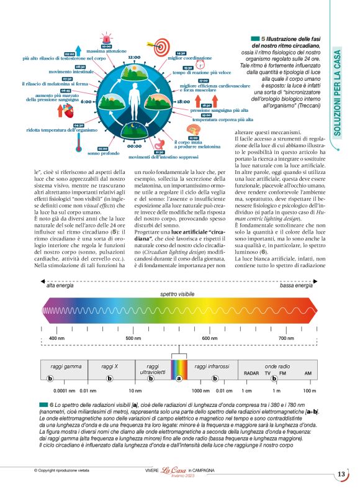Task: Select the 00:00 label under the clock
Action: [x=135, y=147]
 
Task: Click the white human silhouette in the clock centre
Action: [x=135, y=101]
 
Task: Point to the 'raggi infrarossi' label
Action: [x=212, y=367]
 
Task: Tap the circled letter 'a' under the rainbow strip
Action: [x=179, y=378]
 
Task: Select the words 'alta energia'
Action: [x=60, y=286]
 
